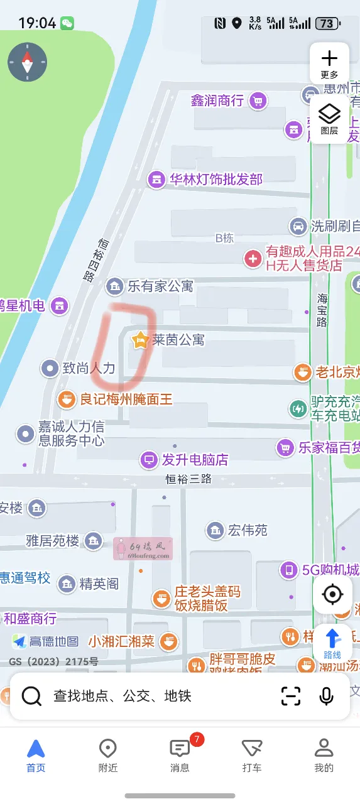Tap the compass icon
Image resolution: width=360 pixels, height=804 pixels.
click(x=27, y=62)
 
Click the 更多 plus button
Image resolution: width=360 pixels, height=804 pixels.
click(x=329, y=63)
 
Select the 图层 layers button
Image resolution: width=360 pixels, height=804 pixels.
click(x=329, y=119)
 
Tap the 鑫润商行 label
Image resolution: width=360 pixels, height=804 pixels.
click(x=217, y=100)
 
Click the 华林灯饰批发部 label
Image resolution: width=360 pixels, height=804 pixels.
click(x=215, y=180)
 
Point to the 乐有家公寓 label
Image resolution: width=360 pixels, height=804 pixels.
click(x=160, y=286)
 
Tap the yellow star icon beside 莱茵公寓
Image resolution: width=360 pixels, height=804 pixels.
click(x=139, y=340)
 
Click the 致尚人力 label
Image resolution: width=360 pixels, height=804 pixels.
click(x=89, y=368)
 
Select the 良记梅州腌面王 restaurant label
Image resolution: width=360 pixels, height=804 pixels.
click(x=126, y=399)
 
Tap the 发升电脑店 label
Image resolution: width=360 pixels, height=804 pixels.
click(x=195, y=460)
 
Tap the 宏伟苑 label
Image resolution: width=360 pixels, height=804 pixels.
click(x=248, y=530)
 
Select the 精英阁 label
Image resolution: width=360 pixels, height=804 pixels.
click(x=99, y=584)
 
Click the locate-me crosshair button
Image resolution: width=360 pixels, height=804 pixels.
click(x=332, y=594)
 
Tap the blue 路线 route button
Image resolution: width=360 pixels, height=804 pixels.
click(x=332, y=643)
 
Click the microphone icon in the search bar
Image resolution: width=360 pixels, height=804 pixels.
click(x=326, y=696)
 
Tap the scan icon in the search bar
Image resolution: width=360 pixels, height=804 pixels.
click(x=291, y=696)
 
